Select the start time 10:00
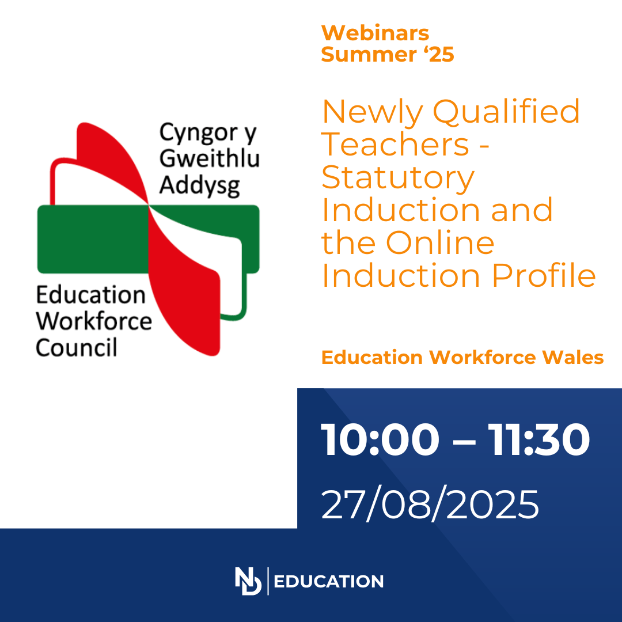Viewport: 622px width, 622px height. coord(380,439)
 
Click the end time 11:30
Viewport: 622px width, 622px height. coord(538,439)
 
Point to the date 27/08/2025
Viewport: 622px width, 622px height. coord(430,504)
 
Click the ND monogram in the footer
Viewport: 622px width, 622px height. coord(248,581)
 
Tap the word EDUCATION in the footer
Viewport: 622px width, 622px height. coord(328,582)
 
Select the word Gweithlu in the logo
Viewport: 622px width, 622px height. coord(210,158)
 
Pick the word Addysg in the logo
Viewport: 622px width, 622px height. coord(199,185)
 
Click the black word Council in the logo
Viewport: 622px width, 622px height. coord(76,347)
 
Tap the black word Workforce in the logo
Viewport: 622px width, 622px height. coord(94,321)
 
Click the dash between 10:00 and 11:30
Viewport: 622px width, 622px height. coord(463,441)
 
